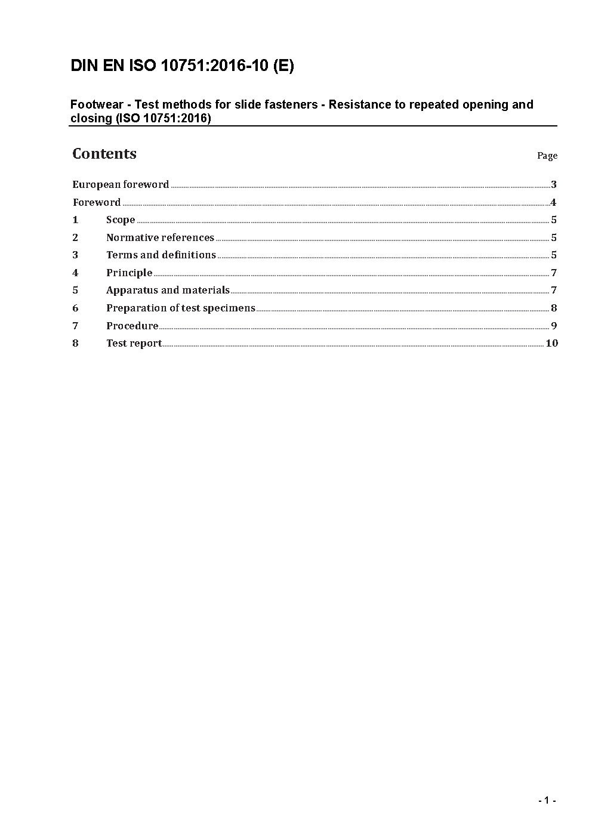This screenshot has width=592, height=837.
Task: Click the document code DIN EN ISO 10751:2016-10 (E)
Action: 182,66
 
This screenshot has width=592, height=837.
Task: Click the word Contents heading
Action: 104,154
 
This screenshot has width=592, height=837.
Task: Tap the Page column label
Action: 547,156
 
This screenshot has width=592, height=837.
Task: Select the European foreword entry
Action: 121,184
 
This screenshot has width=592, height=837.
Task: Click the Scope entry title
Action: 121,220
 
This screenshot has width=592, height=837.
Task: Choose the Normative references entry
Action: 160,237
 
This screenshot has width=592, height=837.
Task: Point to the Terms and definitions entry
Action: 161,255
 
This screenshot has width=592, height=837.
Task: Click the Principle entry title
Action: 129,273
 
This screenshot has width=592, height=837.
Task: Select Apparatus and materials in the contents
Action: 168,290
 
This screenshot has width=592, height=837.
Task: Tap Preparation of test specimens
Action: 180,308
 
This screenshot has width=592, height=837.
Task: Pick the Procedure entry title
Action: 132,326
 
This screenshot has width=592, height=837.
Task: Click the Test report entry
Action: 134,343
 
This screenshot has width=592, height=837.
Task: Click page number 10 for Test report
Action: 551,343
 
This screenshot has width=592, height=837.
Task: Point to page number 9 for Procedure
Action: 554,326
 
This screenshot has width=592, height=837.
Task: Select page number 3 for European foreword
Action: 554,184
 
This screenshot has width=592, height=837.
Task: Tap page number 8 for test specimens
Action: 554,308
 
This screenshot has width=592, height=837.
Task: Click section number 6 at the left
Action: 75,308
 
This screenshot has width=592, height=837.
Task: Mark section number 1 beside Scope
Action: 75,220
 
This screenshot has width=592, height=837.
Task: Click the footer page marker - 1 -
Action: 547,801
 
